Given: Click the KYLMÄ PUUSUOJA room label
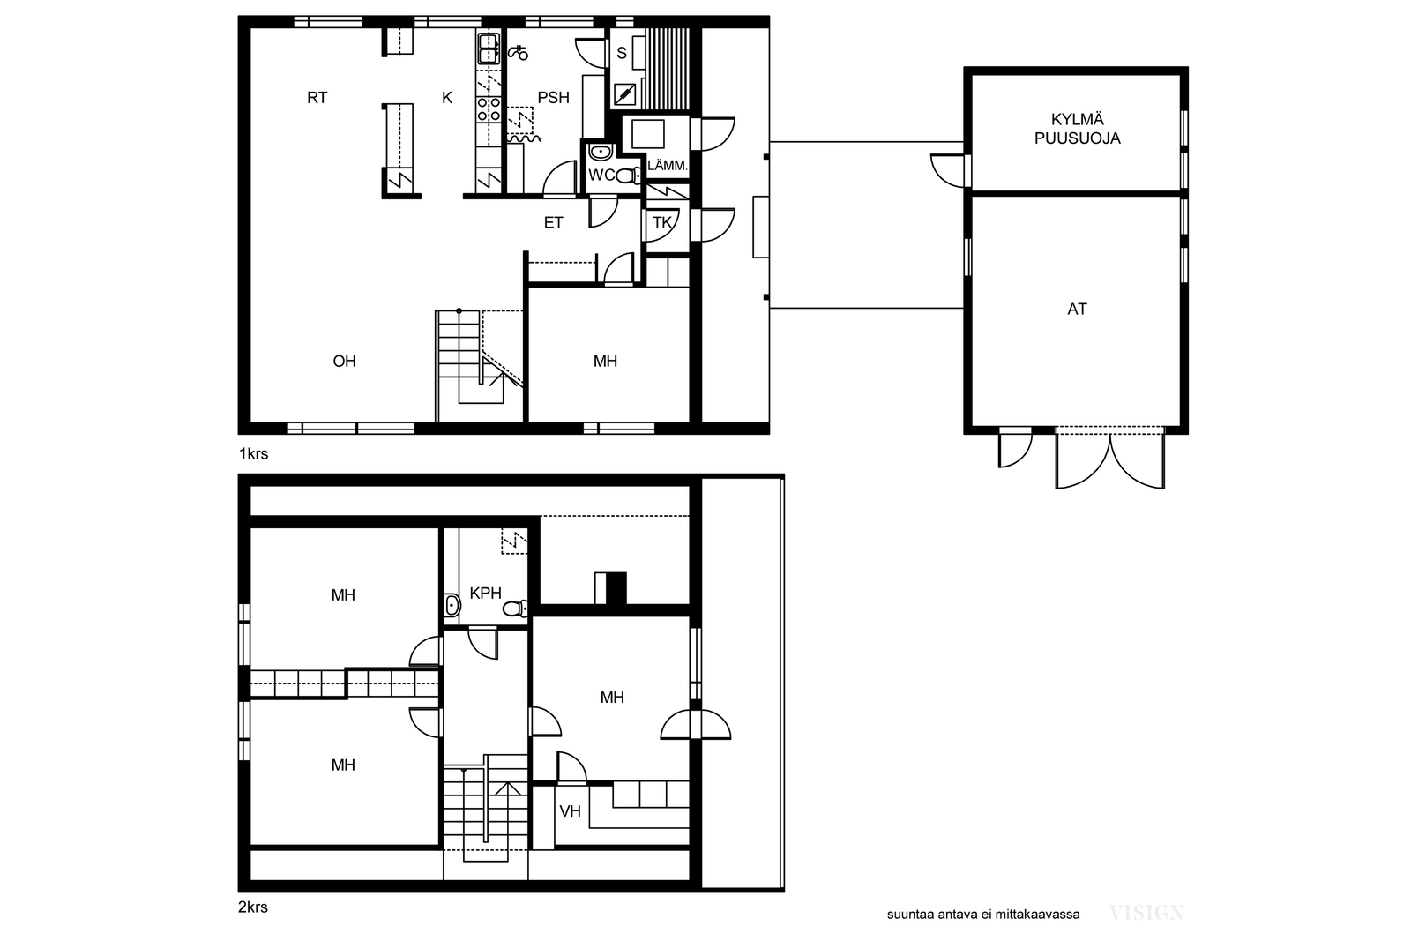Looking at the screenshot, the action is pyautogui.click(x=1077, y=129).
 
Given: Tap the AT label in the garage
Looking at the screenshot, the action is pyautogui.click(x=1077, y=309).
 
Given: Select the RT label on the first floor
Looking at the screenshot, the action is pyautogui.click(x=317, y=98).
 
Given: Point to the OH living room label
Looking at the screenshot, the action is pyautogui.click(x=345, y=361).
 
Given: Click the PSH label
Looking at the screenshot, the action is pyautogui.click(x=553, y=98).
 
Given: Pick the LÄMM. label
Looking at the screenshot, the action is pyautogui.click(x=667, y=166).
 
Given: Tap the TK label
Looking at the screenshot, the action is pyautogui.click(x=662, y=222).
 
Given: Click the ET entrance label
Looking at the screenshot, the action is pyautogui.click(x=553, y=222).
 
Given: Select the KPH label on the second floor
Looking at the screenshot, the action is pyautogui.click(x=486, y=593).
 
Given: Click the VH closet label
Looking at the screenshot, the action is pyautogui.click(x=570, y=811).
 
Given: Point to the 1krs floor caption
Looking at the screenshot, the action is pyautogui.click(x=253, y=453).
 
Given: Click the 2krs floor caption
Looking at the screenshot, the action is pyautogui.click(x=253, y=907).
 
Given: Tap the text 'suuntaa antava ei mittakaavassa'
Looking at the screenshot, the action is pyautogui.click(x=983, y=915).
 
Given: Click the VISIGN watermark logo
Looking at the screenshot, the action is pyautogui.click(x=1146, y=913).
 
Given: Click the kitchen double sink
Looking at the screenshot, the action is pyautogui.click(x=489, y=49).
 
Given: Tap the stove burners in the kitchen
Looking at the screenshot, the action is pyautogui.click(x=489, y=109).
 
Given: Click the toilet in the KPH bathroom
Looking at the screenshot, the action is pyautogui.click(x=515, y=609).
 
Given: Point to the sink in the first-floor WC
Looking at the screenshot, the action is pyautogui.click(x=601, y=152).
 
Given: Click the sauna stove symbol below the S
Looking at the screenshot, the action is pyautogui.click(x=624, y=95).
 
